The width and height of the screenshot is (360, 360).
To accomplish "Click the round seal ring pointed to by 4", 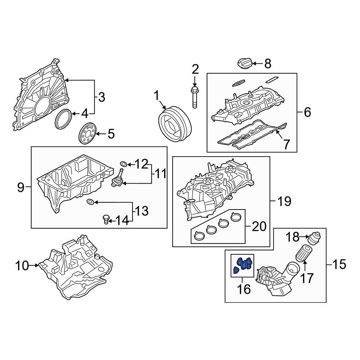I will tap(64, 118).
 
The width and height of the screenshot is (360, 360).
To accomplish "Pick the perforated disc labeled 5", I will tap(88, 134).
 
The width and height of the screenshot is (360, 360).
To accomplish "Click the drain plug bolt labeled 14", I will tap(106, 219).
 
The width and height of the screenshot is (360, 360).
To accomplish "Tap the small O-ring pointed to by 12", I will tap(123, 165).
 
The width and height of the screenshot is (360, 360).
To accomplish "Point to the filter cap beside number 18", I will tap(314, 238).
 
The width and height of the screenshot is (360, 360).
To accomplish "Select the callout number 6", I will tap(307, 112).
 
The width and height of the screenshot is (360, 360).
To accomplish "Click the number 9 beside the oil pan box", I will tap(21, 187).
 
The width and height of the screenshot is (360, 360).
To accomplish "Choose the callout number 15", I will tap(338, 265).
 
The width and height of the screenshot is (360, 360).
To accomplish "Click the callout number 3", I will tap(102, 97).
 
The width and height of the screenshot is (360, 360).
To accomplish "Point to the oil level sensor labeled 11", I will tap(118, 180).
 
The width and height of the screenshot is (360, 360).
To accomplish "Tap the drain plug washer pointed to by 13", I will tap(92, 202).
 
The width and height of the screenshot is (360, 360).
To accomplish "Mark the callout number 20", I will tap(259, 226).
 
